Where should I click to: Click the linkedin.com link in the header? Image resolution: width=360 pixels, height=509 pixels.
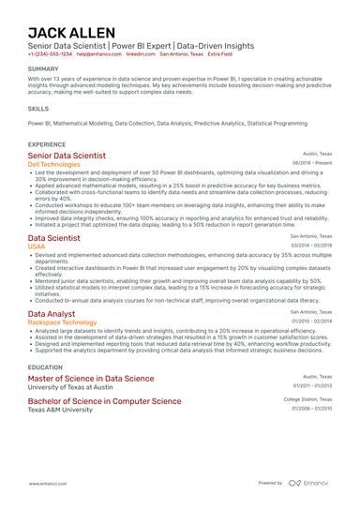click(141, 54)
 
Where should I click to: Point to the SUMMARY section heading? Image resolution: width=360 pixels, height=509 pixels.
click(43, 69)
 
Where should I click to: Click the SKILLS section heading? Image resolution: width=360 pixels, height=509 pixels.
click(38, 109)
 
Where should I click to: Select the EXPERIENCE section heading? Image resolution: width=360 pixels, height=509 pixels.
click(47, 144)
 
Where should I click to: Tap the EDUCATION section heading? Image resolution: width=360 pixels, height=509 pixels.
click(45, 367)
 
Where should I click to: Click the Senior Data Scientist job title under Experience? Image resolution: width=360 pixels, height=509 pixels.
click(67, 156)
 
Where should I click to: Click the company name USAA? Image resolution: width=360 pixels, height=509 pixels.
click(36, 247)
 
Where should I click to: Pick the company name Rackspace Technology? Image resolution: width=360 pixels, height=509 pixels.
click(61, 322)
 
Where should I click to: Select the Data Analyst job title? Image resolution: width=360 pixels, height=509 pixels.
click(52, 313)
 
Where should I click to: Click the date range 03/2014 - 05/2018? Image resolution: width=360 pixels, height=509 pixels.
click(311, 246)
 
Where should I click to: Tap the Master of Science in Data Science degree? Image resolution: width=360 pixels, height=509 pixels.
click(91, 379)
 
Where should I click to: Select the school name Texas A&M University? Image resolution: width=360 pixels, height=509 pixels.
click(61, 410)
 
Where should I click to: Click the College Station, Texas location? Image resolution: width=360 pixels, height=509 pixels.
click(307, 398)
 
